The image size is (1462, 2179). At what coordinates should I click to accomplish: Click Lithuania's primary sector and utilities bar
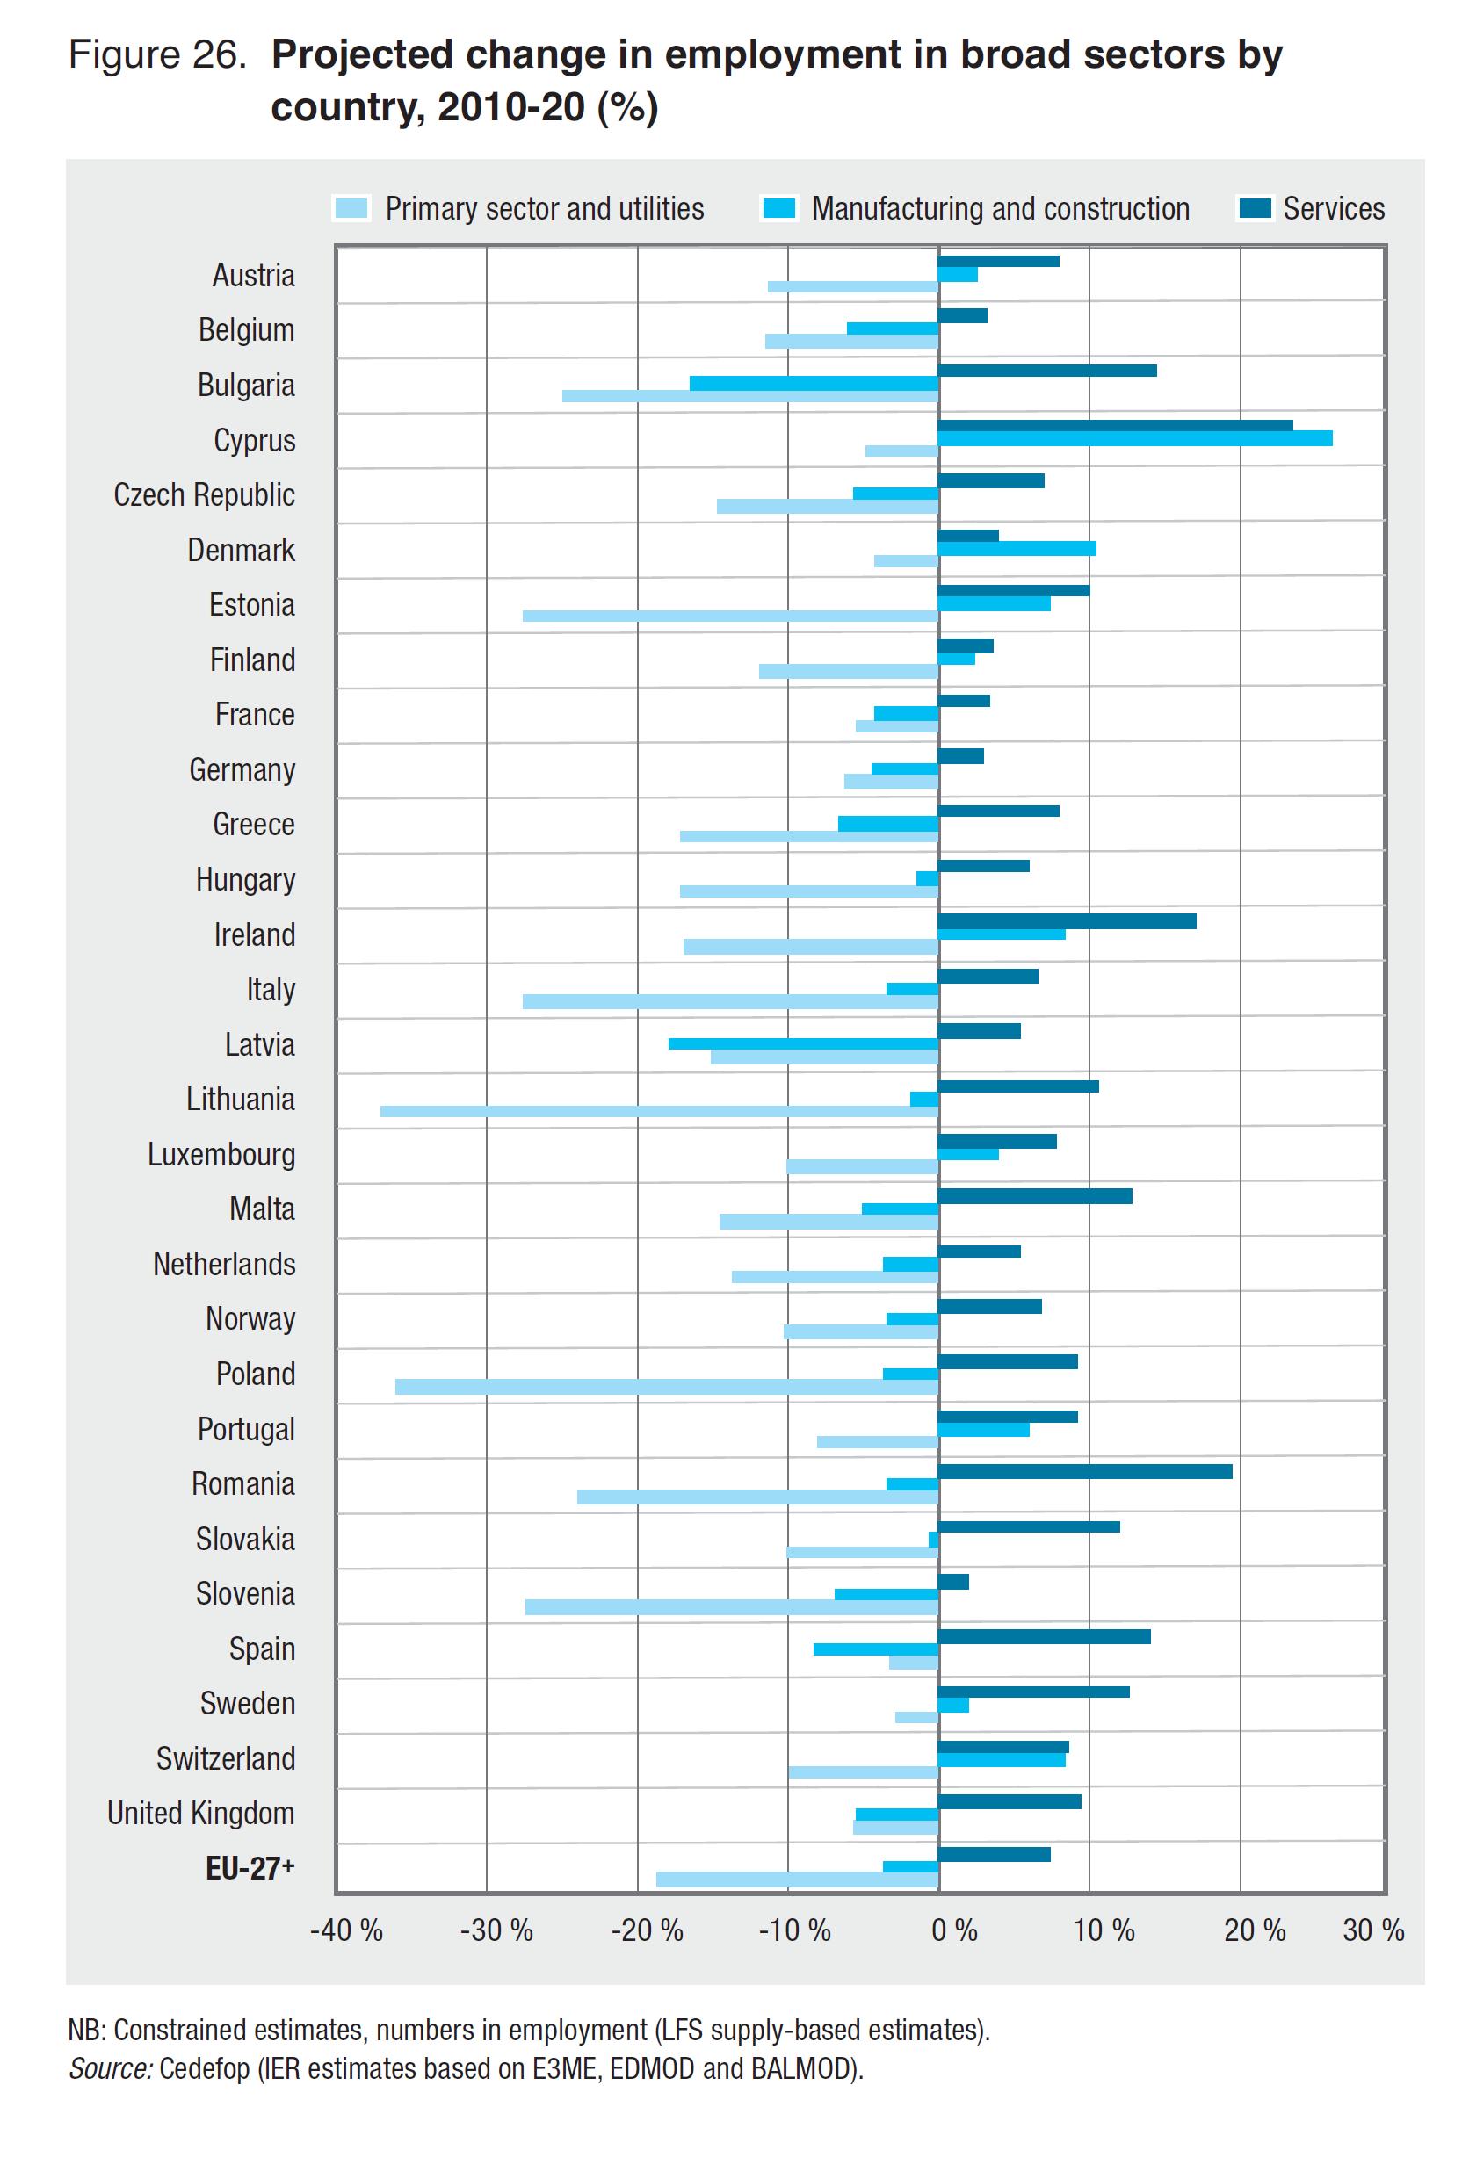pos(658,1111)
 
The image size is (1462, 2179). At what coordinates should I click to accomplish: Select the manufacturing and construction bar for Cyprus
pos(1135,439)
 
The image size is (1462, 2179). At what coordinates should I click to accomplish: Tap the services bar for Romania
pos(1084,1472)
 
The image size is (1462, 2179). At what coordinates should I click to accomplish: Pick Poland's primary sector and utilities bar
pos(666,1387)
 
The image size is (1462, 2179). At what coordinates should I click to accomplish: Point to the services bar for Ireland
pos(1067,921)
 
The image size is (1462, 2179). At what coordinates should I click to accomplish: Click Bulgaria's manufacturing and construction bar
pos(813,384)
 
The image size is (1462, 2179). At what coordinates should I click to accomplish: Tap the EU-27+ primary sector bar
pos(797,1880)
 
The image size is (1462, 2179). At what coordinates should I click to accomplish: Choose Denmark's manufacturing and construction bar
pos(1017,549)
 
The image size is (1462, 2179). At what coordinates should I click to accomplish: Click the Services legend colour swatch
pos(1254,209)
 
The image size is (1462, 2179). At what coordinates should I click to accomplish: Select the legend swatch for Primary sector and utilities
pos(351,209)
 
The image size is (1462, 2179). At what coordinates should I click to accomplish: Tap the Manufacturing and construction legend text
pos(1000,209)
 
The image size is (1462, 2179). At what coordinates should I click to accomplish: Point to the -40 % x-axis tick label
pos(346,1930)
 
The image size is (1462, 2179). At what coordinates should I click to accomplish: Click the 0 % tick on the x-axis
pos(954,1930)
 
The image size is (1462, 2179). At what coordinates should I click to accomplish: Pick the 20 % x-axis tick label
pos(1254,1930)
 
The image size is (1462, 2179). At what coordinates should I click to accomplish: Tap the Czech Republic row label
pos(204,494)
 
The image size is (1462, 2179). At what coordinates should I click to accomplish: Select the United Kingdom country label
pos(200,1813)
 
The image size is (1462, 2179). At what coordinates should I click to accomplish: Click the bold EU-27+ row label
pos(250,1868)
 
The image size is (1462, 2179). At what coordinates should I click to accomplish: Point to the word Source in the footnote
pos(110,2068)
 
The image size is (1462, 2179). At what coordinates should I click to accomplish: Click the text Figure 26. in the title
pos(156,56)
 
